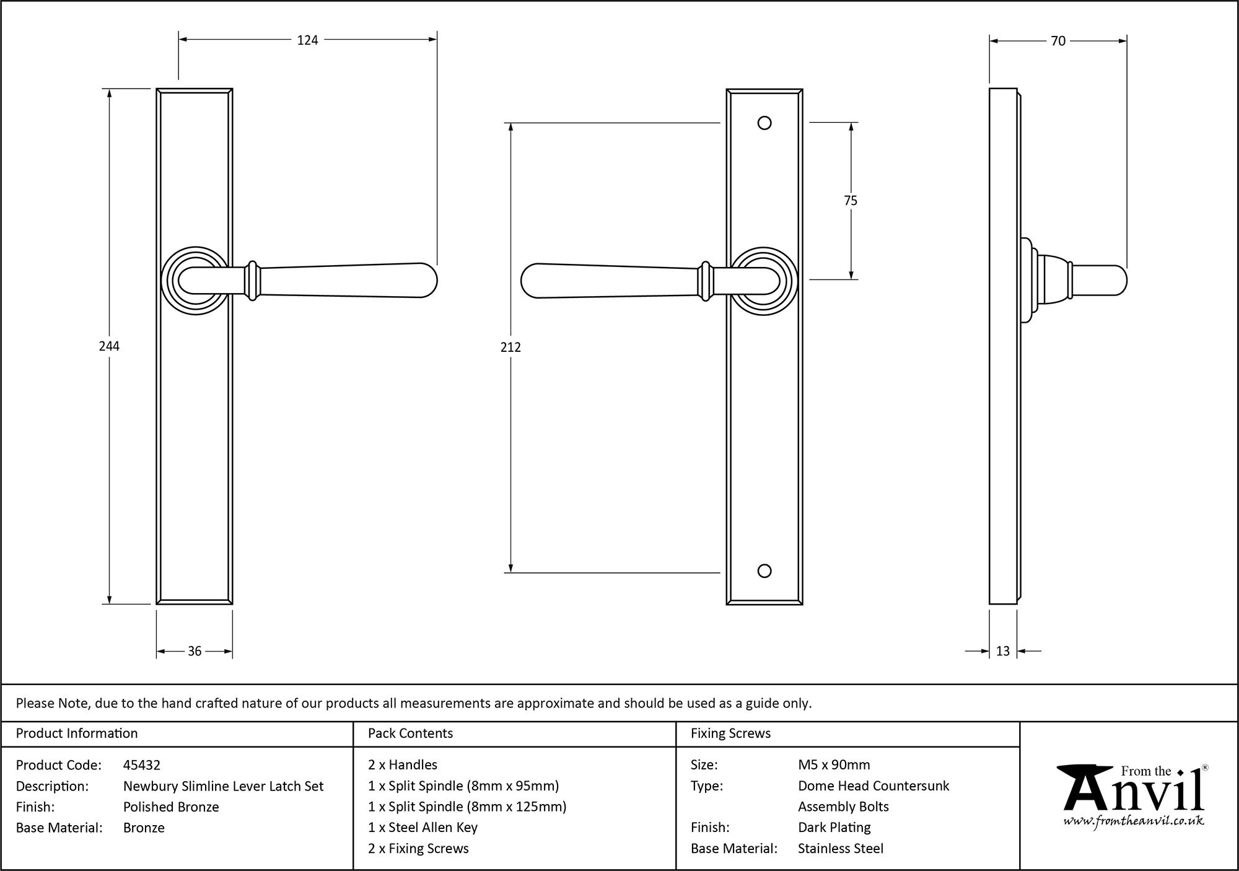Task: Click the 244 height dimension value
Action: pyautogui.click(x=109, y=346)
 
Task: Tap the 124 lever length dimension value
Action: pyautogui.click(x=307, y=40)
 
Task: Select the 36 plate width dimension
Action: pyautogui.click(x=195, y=651)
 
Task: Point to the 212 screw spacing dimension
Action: pyautogui.click(x=510, y=348)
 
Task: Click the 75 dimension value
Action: pyautogui.click(x=851, y=201)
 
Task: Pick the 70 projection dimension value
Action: pyautogui.click(x=1058, y=41)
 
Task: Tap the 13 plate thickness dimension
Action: pyautogui.click(x=1003, y=651)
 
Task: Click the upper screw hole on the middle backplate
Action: pyautogui.click(x=764, y=123)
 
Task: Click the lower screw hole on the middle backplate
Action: pyautogui.click(x=764, y=571)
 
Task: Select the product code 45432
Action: pyautogui.click(x=142, y=765)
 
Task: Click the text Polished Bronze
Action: pyautogui.click(x=171, y=807)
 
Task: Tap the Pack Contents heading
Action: pyautogui.click(x=410, y=733)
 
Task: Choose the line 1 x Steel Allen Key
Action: pyautogui.click(x=422, y=828)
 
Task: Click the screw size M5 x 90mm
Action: pyautogui.click(x=834, y=765)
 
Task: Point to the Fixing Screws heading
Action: pyautogui.click(x=730, y=733)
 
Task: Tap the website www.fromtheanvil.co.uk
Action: pyautogui.click(x=1134, y=821)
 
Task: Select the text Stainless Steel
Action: pyautogui.click(x=840, y=849)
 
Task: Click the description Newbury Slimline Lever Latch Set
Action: pyautogui.click(x=223, y=786)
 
